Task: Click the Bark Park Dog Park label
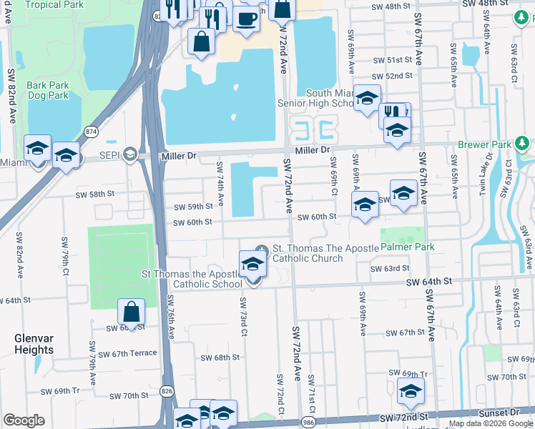[x=47, y=90]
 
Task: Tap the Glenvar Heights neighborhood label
[x=34, y=344]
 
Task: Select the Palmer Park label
[x=408, y=247]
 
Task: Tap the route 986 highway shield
[x=308, y=422]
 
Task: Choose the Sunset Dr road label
[x=505, y=413]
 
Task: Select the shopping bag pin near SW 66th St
[x=132, y=312]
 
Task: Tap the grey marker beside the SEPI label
[x=129, y=153]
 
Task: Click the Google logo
[x=24, y=420]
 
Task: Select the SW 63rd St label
[x=390, y=269]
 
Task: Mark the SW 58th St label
[x=96, y=194]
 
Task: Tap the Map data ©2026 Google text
[x=490, y=423]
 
